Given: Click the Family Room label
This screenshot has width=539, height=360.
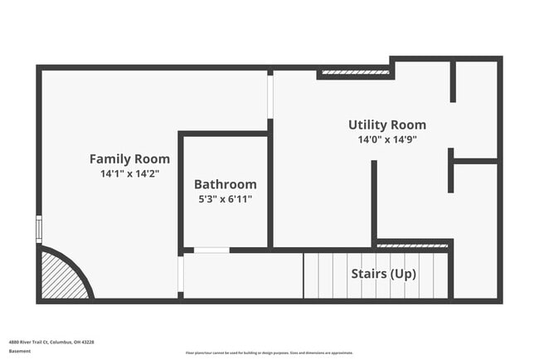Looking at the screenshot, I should (129, 158).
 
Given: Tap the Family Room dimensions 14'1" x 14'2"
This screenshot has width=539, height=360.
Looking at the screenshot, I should (129, 174).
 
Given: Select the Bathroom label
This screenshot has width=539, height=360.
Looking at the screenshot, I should (225, 184).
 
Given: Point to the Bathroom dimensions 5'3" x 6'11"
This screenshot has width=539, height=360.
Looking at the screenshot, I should (225, 199).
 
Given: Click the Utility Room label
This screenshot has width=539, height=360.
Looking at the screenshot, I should (387, 124).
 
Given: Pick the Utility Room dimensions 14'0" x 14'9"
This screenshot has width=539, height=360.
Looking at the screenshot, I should (387, 139).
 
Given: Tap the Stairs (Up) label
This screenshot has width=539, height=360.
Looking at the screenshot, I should (383, 274).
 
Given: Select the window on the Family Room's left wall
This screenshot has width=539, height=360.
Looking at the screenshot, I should (39, 229).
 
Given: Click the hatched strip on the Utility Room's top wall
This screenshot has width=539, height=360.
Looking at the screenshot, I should (355, 73).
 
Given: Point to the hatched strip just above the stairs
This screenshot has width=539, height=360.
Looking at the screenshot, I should (412, 246).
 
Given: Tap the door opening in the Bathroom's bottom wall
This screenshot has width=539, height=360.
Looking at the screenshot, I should (211, 250).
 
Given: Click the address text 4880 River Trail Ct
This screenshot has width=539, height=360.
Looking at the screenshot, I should (51, 341).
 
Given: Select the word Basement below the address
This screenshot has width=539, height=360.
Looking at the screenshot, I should (20, 351).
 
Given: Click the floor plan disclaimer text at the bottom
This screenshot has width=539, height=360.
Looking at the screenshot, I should (269, 353).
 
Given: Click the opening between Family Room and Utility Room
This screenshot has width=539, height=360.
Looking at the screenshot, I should (270, 96).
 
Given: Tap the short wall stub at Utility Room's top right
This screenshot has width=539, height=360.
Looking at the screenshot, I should (453, 81).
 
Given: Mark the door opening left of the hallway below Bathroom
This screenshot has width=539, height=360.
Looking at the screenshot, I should (181, 274).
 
